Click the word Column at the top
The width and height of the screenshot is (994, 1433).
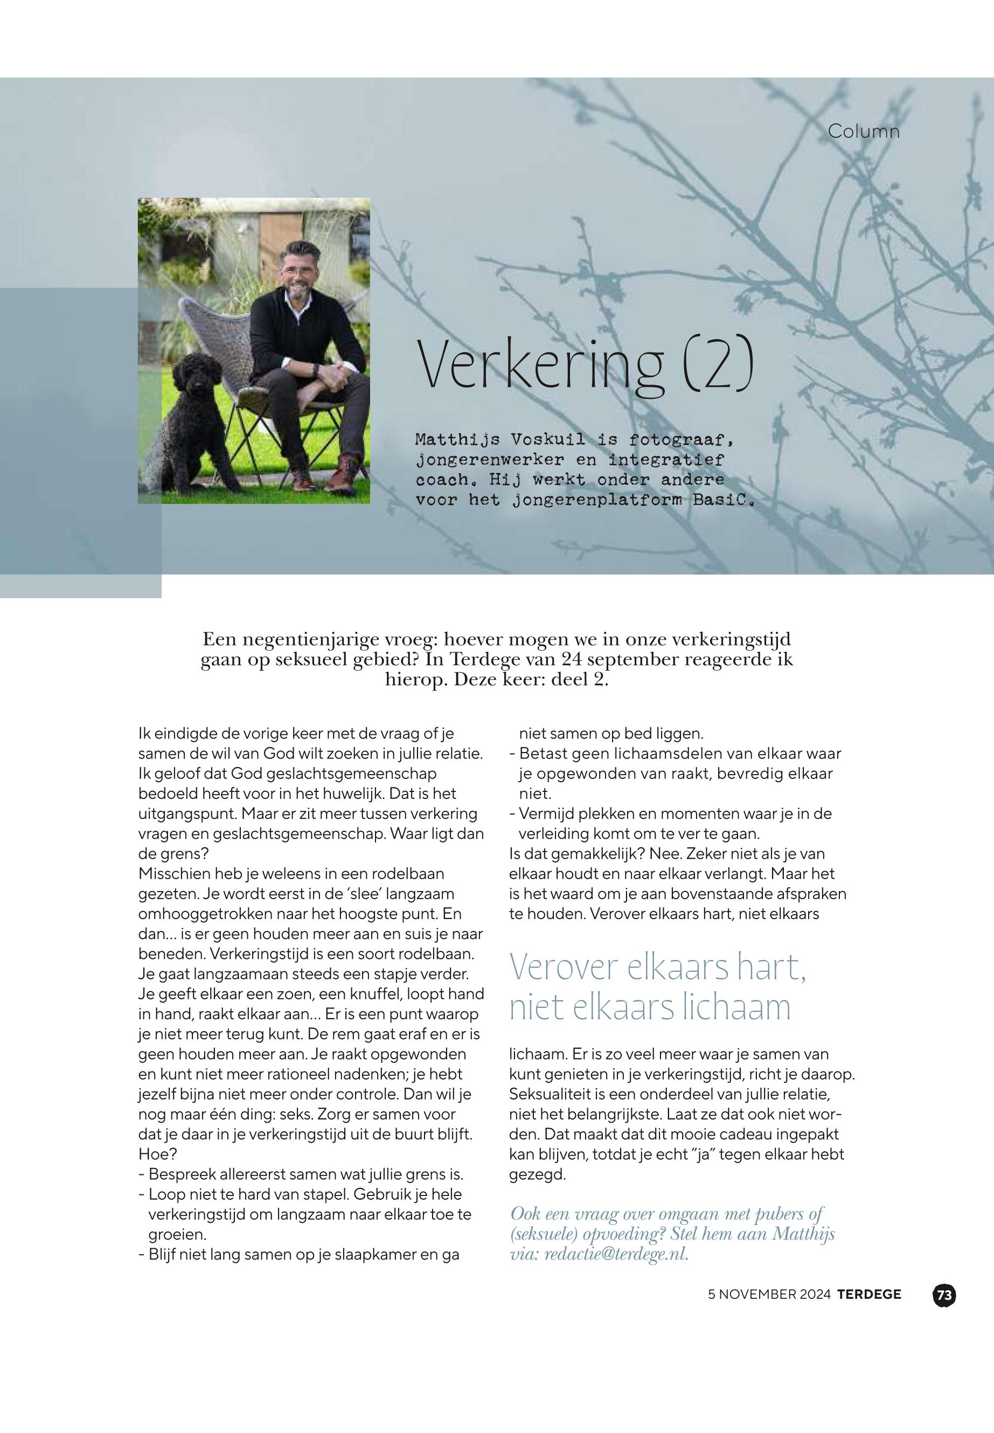coord(863,131)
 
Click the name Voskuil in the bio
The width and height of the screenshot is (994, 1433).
coord(547,440)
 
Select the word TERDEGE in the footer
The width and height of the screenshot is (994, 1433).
coord(869,1295)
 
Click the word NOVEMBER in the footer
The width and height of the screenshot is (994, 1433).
coord(752,1295)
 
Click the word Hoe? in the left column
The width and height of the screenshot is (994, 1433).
coord(157,1154)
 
